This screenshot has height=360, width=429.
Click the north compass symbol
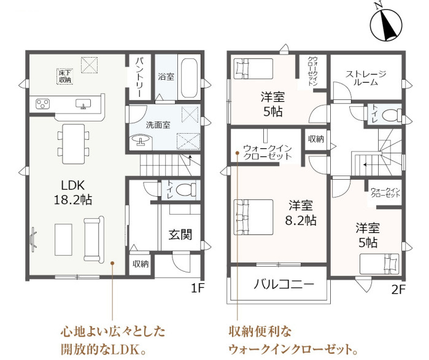pyautogui.click(x=386, y=24)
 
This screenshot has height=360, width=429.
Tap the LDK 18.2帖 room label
pyautogui.click(x=73, y=193)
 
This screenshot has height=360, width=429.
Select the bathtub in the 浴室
pyautogui.click(x=189, y=78)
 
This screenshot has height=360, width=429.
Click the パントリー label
pyautogui.click(x=139, y=77)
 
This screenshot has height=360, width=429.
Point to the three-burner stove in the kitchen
pyautogui.click(x=43, y=104)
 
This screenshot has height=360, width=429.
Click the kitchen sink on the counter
pyautogui.click(x=83, y=104)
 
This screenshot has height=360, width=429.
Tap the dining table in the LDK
pyautogui.click(x=73, y=144)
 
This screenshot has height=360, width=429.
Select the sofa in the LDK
pyautogui.click(x=94, y=240)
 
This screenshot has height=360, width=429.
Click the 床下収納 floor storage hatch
pyautogui.click(x=65, y=76)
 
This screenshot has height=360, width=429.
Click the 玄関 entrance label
pyautogui.click(x=180, y=234)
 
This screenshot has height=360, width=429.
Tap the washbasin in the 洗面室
pyautogui.click(x=141, y=140)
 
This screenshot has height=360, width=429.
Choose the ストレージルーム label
pyautogui.click(x=366, y=78)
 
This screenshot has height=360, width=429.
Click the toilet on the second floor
pyautogui.click(x=392, y=115)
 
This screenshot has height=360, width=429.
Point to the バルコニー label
pyautogui.click(x=284, y=285)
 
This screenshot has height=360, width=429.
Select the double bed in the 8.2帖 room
pyautogui.click(x=253, y=217)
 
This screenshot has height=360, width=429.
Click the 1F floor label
pyautogui.click(x=198, y=288)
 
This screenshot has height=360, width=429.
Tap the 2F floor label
pyautogui.click(x=398, y=289)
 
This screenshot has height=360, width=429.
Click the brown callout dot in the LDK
pyautogui.click(x=112, y=263)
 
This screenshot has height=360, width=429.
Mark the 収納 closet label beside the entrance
pyautogui.click(x=141, y=264)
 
